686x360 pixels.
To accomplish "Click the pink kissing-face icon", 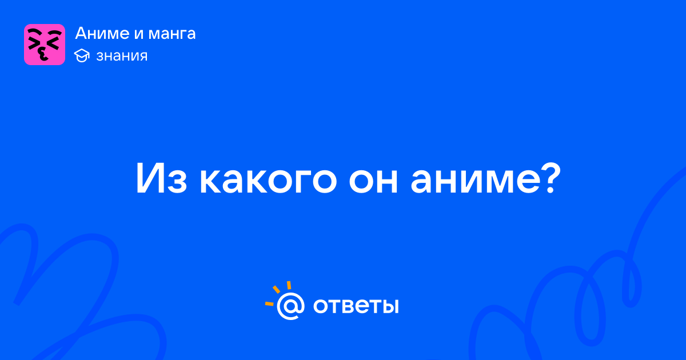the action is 45,45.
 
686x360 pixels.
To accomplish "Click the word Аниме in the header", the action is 101,33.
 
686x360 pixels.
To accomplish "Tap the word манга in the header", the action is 172,34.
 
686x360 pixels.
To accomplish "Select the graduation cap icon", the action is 82,55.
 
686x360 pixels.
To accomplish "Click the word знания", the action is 122,56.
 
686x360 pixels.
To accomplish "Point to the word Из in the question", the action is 161,178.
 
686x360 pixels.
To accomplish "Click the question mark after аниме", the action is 551,178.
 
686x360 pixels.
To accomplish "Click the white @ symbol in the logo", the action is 290,306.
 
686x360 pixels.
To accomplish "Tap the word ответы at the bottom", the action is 356,306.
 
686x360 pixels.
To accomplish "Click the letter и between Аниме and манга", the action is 138,34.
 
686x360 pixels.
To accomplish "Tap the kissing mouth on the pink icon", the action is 43,54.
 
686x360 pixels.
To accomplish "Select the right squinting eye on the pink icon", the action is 54,40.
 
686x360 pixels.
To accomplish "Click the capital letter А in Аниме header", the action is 81,33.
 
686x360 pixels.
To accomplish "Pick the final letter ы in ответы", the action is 391,306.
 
